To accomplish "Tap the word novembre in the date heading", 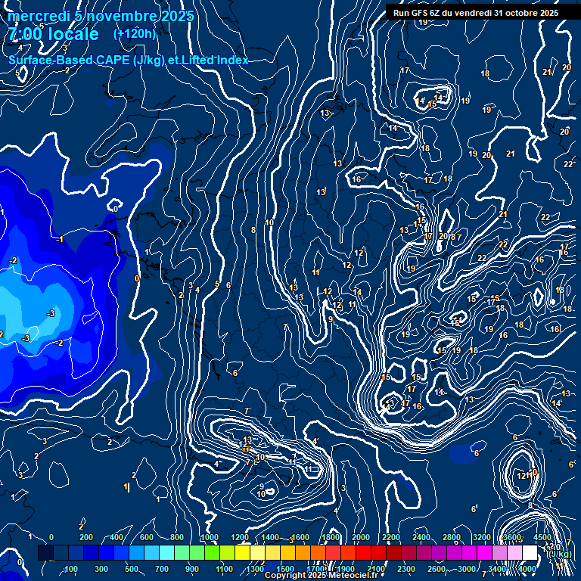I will point(121,16).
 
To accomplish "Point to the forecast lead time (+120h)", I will point(135,34).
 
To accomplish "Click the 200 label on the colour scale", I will point(85,537).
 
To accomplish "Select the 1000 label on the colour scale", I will point(210,537).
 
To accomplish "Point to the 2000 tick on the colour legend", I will point(361,537).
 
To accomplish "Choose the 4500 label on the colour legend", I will point(543,537).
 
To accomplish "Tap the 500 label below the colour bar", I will point(132,569).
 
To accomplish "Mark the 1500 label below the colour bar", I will point(285,569).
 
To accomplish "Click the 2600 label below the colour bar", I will point(437,569).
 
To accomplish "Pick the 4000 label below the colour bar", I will point(527,569).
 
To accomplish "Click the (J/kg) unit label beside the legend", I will point(561,555).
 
